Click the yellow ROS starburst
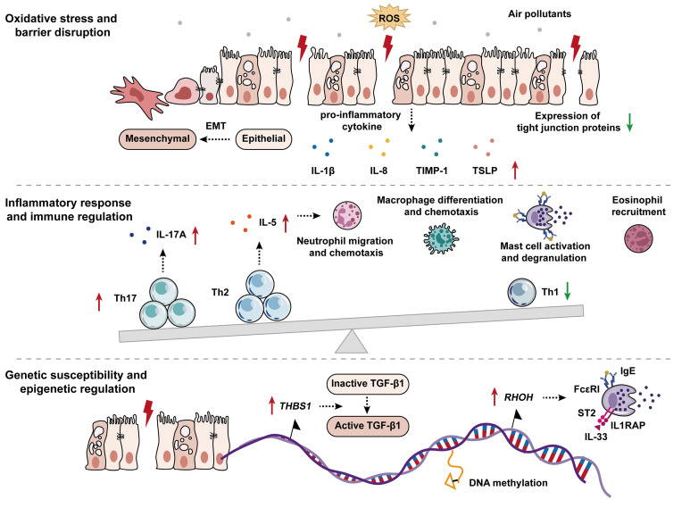[x=388, y=19]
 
